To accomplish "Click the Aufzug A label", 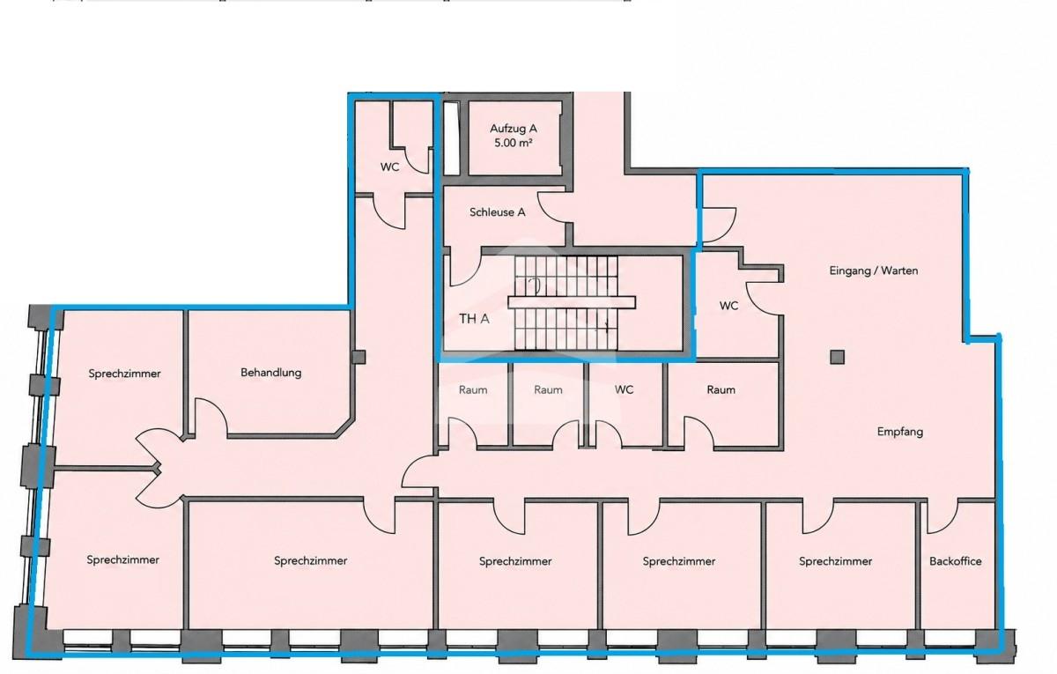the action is click(513, 129).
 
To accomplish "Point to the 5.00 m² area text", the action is click(513, 143).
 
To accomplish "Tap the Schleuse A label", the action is click(498, 212).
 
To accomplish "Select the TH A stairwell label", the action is click(474, 319).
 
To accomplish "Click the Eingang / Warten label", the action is click(874, 270).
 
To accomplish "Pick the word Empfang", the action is click(900, 432).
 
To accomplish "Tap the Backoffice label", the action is click(956, 561).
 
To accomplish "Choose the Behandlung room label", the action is click(271, 373).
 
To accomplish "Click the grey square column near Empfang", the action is click(837, 357).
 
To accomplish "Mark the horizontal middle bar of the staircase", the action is click(572, 302).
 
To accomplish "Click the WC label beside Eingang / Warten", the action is click(728, 306).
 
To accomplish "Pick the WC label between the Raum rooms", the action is click(624, 389).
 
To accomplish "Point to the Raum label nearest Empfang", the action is click(721, 389).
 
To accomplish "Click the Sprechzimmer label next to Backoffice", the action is click(835, 561).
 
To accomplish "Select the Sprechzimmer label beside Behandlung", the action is click(124, 374).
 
